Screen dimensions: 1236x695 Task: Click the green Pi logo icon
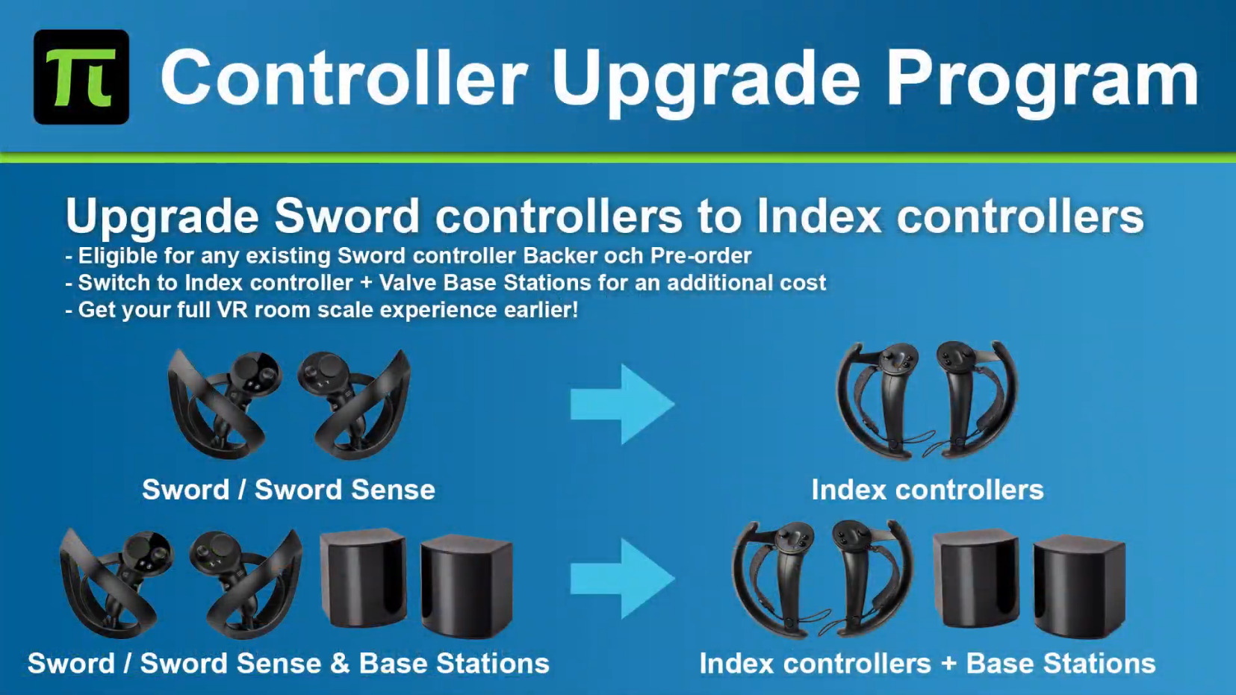click(x=81, y=77)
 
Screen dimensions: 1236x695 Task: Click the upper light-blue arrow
click(x=622, y=405)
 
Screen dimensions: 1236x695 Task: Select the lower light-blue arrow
click(x=622, y=579)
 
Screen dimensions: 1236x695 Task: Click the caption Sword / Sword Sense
click(x=288, y=489)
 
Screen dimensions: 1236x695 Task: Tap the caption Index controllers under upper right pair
click(x=928, y=489)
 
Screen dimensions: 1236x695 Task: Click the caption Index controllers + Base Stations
click(x=928, y=663)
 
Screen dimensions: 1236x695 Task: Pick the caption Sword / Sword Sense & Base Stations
click(x=288, y=663)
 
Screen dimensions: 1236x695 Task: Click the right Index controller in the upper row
click(x=977, y=400)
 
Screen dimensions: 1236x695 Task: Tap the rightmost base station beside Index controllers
click(x=1078, y=586)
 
